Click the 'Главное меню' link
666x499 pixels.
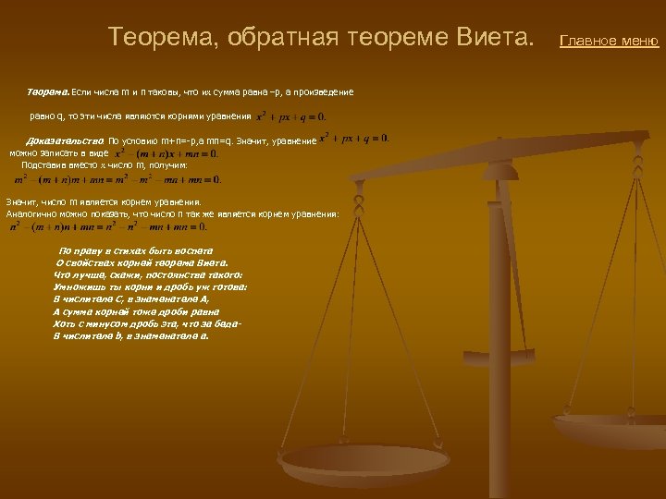[x=610, y=41]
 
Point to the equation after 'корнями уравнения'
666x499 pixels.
[x=290, y=116]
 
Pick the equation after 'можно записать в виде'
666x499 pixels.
[x=166, y=152]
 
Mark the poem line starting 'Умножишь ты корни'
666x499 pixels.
[x=150, y=286]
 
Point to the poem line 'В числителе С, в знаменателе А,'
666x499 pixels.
[x=132, y=299]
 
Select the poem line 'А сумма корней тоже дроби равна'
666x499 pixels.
[x=137, y=311]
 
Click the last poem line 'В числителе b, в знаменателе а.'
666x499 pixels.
[x=131, y=335]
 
